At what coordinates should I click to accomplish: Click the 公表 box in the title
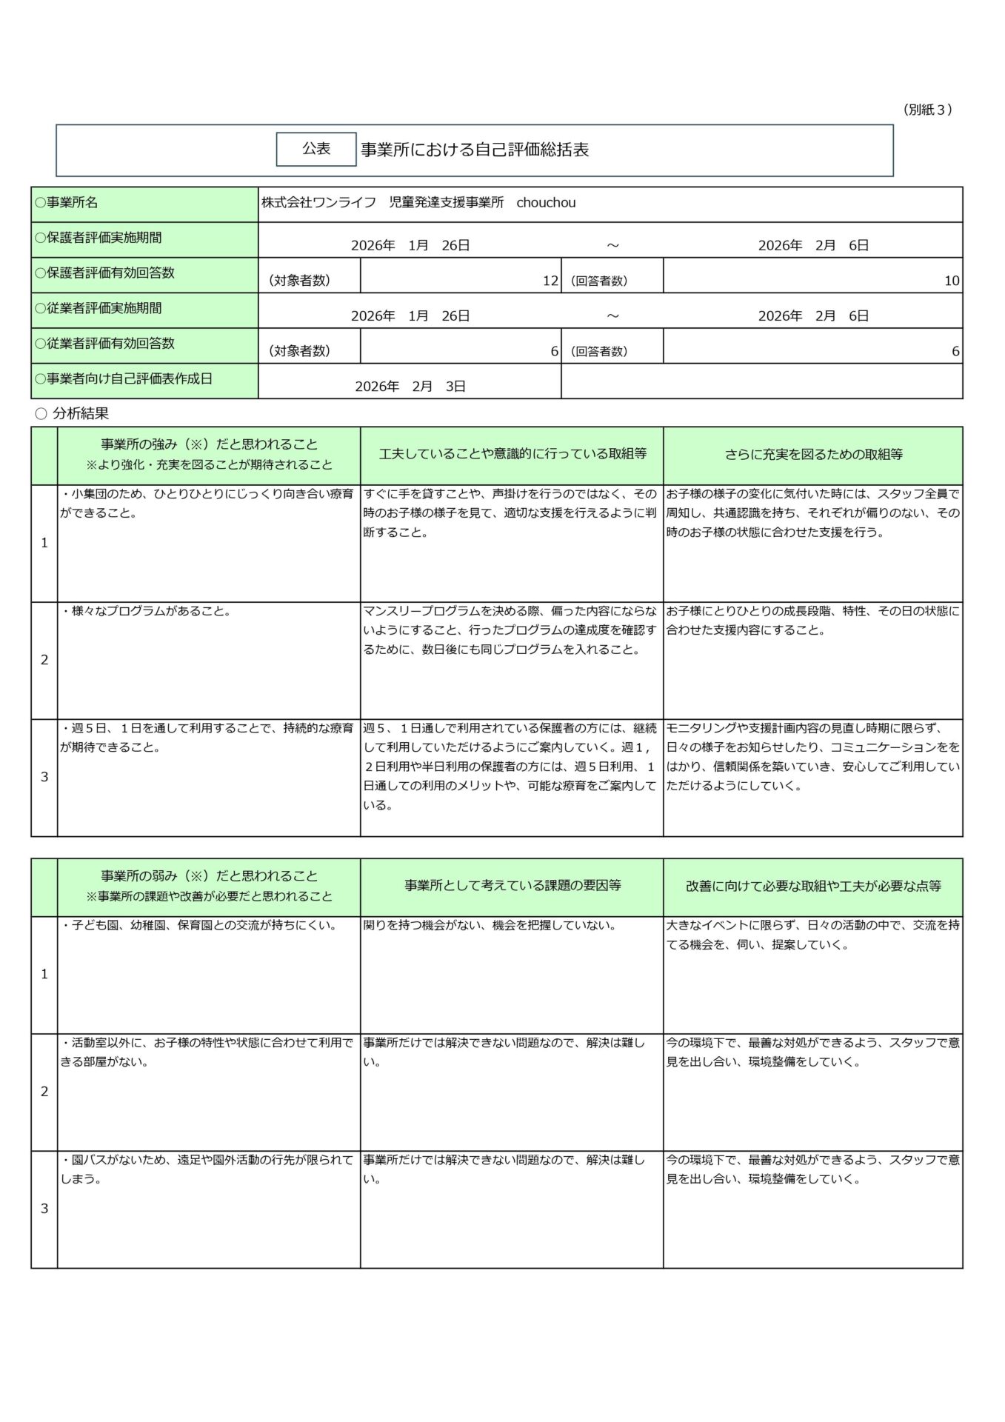315,149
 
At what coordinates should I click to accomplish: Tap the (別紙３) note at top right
927,110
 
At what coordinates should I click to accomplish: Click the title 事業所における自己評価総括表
475,150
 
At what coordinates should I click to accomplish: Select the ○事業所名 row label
67,202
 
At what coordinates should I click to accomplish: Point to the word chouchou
546,203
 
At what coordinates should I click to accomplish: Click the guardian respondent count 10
952,281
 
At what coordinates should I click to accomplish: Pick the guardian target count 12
550,281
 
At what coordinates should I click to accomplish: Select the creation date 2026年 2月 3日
410,386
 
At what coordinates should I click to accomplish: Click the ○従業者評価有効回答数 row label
105,344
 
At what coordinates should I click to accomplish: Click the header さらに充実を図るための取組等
813,455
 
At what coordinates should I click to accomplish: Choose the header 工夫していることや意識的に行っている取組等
512,455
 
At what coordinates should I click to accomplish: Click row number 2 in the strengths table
44,660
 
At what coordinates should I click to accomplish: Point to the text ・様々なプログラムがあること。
147,612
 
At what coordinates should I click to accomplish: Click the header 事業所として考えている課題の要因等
512,886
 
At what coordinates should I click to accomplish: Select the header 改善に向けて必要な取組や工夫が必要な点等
813,886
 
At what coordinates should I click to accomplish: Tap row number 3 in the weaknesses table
44,1209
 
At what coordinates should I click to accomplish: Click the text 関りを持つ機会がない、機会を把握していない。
490,925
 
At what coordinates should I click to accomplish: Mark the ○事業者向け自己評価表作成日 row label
124,378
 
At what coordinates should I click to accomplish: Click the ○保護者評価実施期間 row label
99,238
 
